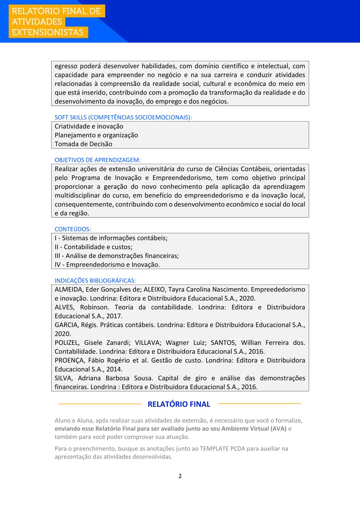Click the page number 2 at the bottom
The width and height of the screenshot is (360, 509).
[x=180, y=476]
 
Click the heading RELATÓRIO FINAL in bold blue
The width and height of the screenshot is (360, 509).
[x=179, y=404]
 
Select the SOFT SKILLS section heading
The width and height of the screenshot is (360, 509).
[x=123, y=117]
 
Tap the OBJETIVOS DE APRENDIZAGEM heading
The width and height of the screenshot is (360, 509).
[x=97, y=160]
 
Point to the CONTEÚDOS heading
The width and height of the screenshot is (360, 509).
[x=73, y=229]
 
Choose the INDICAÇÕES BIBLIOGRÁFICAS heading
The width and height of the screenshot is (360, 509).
[x=95, y=281]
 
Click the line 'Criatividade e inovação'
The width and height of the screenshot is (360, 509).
[x=89, y=126]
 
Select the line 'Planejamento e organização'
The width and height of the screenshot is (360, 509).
[x=96, y=135]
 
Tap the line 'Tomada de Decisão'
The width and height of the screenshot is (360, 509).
[x=83, y=144]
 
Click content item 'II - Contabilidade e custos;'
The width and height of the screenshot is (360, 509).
[x=93, y=247]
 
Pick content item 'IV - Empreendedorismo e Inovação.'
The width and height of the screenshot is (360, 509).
[x=107, y=265]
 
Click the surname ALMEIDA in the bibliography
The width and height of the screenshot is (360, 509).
[x=68, y=290]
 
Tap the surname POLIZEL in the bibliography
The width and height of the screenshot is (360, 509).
[x=67, y=343]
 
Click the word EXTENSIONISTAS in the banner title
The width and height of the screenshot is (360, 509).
[x=47, y=32]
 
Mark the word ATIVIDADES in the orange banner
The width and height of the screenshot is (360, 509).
[x=37, y=22]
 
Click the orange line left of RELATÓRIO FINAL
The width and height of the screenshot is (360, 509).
[x=100, y=404]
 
